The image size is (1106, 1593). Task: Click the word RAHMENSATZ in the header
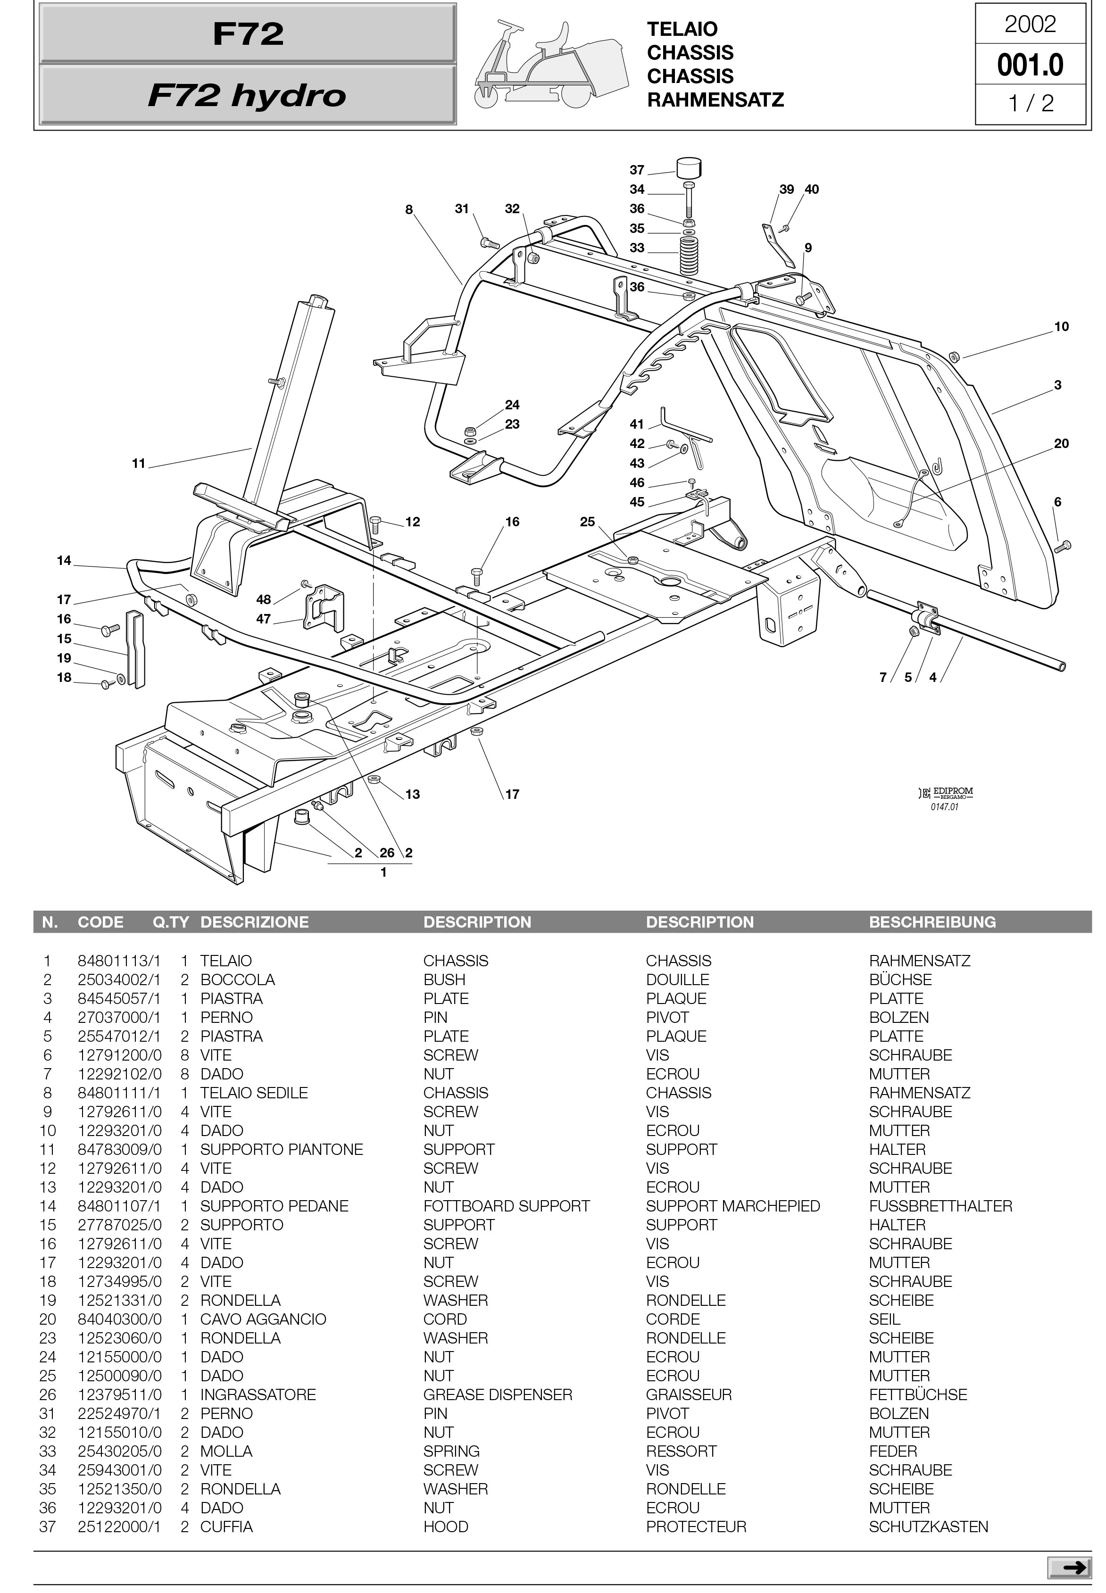pos(715,100)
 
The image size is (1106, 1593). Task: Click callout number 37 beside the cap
pos(637,170)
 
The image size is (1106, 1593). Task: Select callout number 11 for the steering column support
pos(139,464)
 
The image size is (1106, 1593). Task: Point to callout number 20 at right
pos(1061,443)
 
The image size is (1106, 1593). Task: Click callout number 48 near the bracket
pos(263,599)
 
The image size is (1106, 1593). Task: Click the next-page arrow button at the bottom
pos(1069,1568)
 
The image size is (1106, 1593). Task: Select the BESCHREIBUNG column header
pos(932,922)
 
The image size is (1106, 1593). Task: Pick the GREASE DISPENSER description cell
pos(498,1395)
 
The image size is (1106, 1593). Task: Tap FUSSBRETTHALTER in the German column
pos(940,1206)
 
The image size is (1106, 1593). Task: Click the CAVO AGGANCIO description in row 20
pos(263,1319)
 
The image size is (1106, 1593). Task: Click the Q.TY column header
pos(170,922)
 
